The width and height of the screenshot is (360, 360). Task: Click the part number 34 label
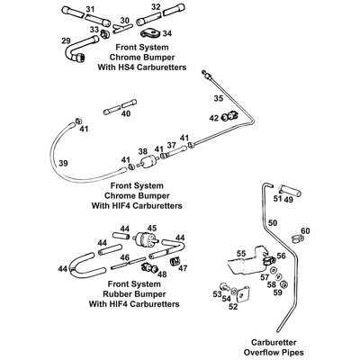167,33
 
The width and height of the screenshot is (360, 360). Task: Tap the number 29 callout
67,41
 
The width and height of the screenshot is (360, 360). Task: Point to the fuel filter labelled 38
148,163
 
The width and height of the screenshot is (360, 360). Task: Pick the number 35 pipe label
219,98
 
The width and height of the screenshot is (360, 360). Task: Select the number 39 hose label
63,163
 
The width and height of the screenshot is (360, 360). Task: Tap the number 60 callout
305,231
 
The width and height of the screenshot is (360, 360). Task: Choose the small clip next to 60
298,239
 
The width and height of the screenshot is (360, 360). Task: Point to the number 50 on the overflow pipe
273,222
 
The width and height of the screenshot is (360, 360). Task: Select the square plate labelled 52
243,294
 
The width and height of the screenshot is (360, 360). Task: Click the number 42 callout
214,118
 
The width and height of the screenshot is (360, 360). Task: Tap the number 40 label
126,114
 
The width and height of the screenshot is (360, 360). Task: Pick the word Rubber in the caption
118,293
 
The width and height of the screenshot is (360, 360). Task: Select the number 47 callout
182,267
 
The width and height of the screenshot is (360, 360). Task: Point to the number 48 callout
161,274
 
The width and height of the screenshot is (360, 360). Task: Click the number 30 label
124,21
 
